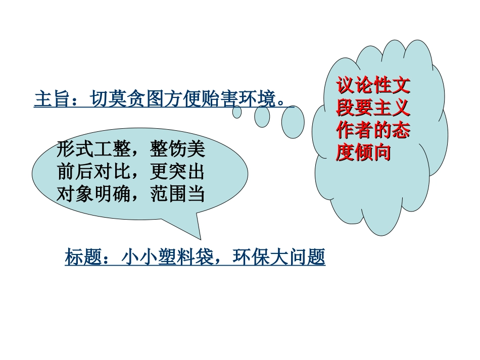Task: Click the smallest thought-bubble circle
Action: pyautogui.click(x=237, y=112)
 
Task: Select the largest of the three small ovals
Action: pyautogui.click(x=293, y=123)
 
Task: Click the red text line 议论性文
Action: pyautogui.click(x=373, y=86)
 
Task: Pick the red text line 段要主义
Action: pyautogui.click(x=373, y=109)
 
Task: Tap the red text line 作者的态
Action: pyautogui.click(x=373, y=131)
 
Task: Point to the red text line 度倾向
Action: pyautogui.click(x=364, y=153)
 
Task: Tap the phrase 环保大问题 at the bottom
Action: pyautogui.click(x=278, y=258)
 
